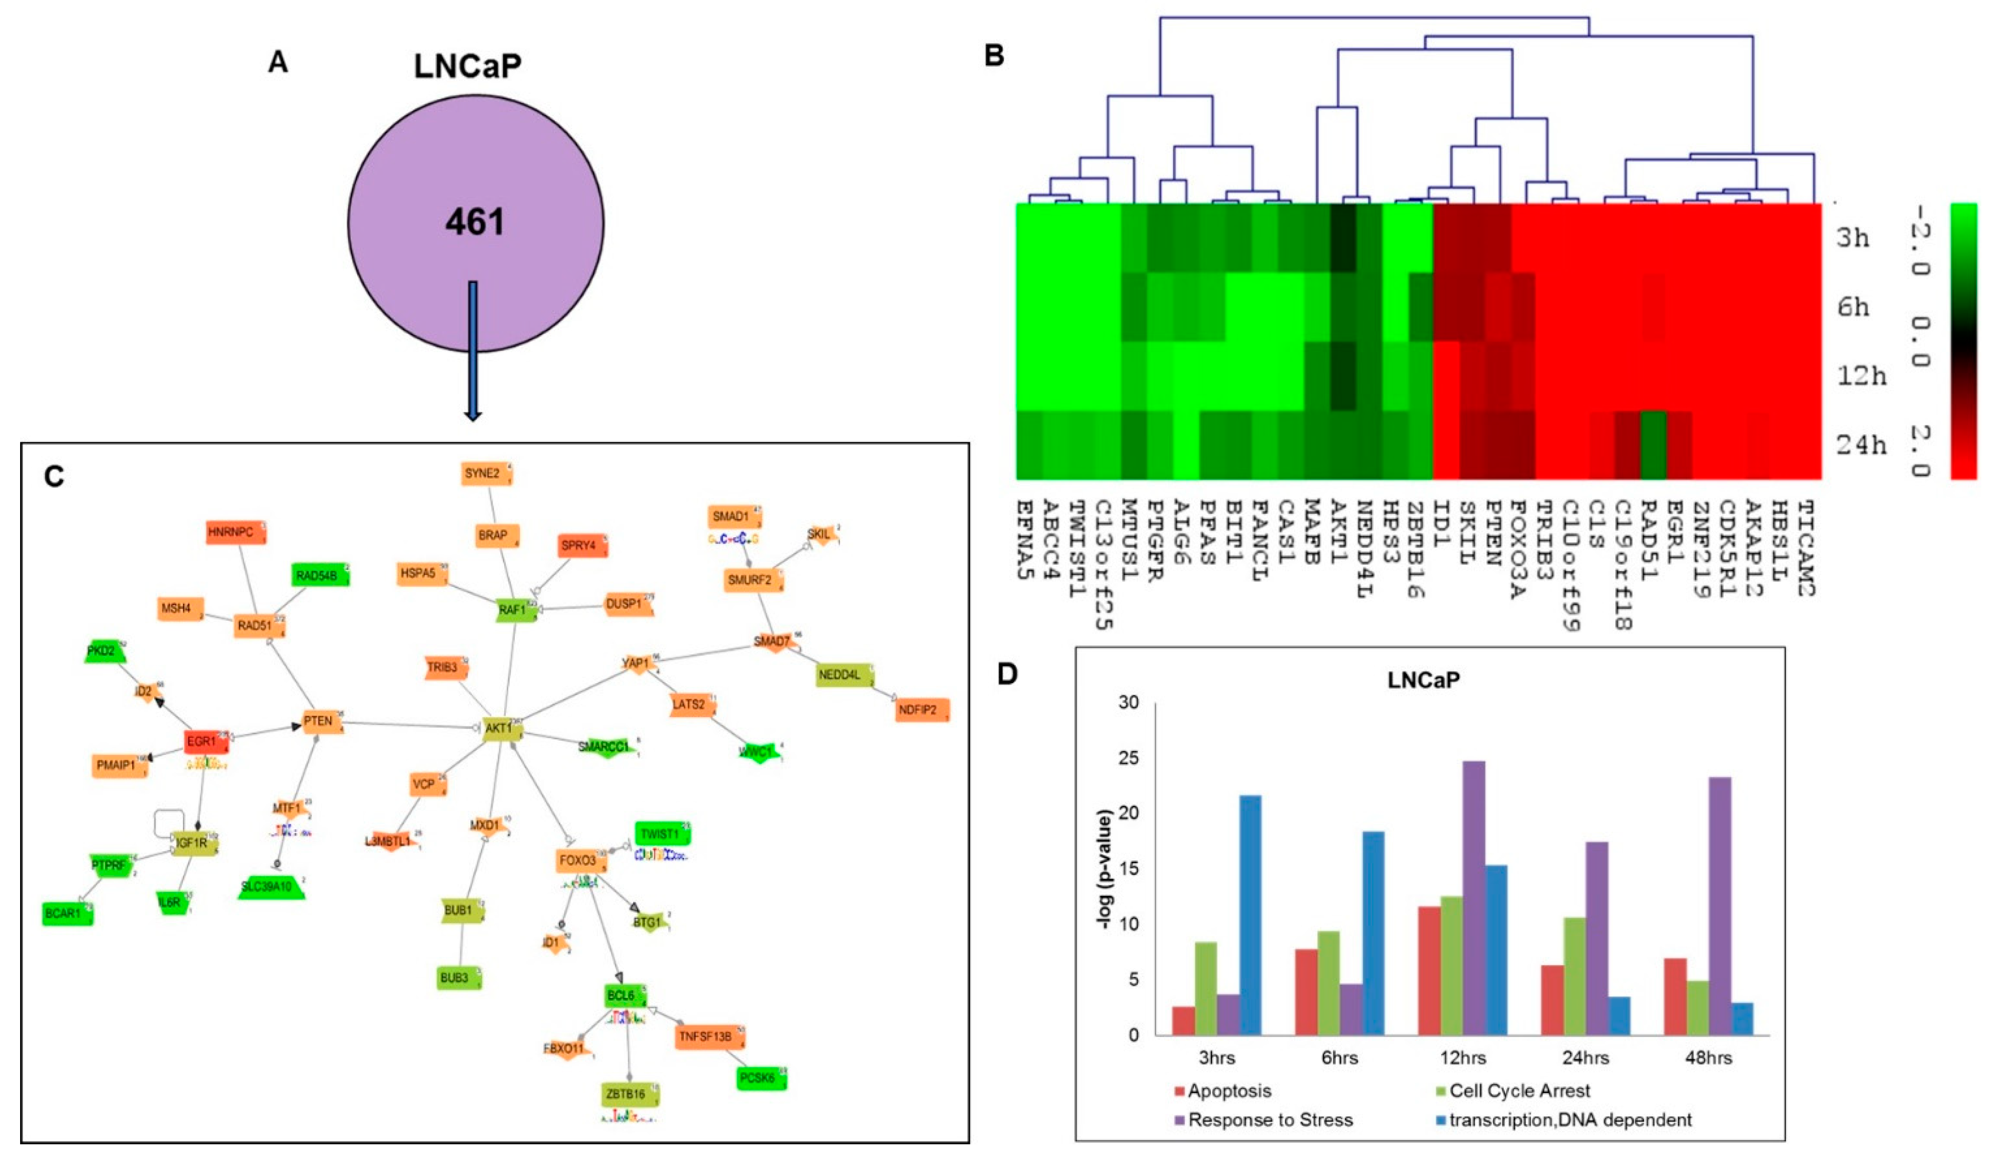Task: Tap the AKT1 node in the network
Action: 500,728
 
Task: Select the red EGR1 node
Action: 202,742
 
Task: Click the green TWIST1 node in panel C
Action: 661,835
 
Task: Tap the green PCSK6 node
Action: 760,1079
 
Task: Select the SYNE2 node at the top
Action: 484,474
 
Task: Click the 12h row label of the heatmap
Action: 1861,375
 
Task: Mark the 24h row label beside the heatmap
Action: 1861,445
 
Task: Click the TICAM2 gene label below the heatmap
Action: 1807,547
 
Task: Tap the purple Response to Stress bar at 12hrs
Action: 1473,897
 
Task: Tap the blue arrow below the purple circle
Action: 473,349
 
